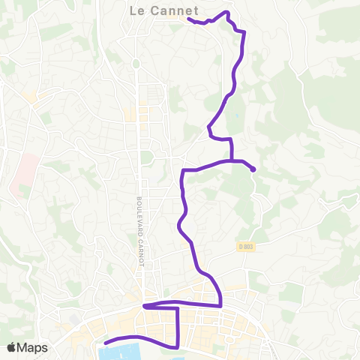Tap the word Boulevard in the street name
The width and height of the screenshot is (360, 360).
139,214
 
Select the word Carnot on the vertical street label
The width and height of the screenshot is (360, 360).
139,250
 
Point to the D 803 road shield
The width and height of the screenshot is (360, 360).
247,247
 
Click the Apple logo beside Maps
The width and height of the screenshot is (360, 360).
12,347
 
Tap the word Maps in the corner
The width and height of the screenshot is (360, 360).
33,347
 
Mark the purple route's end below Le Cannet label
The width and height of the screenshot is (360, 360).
187,19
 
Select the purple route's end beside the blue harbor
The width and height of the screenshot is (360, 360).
105,343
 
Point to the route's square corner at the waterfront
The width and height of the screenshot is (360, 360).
178,346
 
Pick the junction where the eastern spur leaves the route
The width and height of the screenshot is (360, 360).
232,160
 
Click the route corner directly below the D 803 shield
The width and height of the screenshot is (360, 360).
220,305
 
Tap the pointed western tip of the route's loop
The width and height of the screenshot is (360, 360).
144,306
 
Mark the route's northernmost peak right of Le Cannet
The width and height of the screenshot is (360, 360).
226,13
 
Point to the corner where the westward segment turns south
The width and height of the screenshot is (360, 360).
183,172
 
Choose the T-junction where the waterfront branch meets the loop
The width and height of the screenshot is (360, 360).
178,307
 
